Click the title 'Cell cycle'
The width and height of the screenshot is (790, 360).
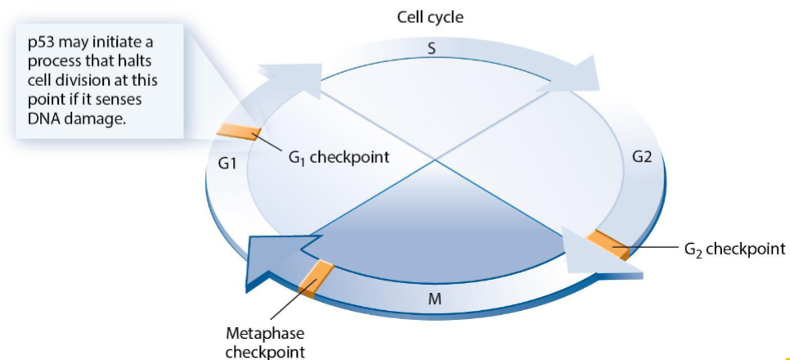click(429, 17)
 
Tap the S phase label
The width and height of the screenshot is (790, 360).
click(431, 49)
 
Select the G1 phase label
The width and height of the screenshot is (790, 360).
click(227, 164)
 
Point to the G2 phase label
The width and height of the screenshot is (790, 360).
click(642, 157)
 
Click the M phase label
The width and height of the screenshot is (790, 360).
click(434, 299)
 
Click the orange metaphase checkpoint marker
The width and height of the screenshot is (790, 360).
click(316, 280)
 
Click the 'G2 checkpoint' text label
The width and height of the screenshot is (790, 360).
click(734, 249)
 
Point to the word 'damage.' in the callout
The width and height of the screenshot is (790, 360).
click(99, 119)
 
